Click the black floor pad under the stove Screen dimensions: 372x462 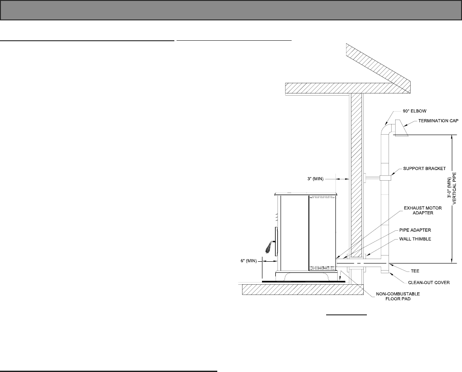[301, 281]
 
